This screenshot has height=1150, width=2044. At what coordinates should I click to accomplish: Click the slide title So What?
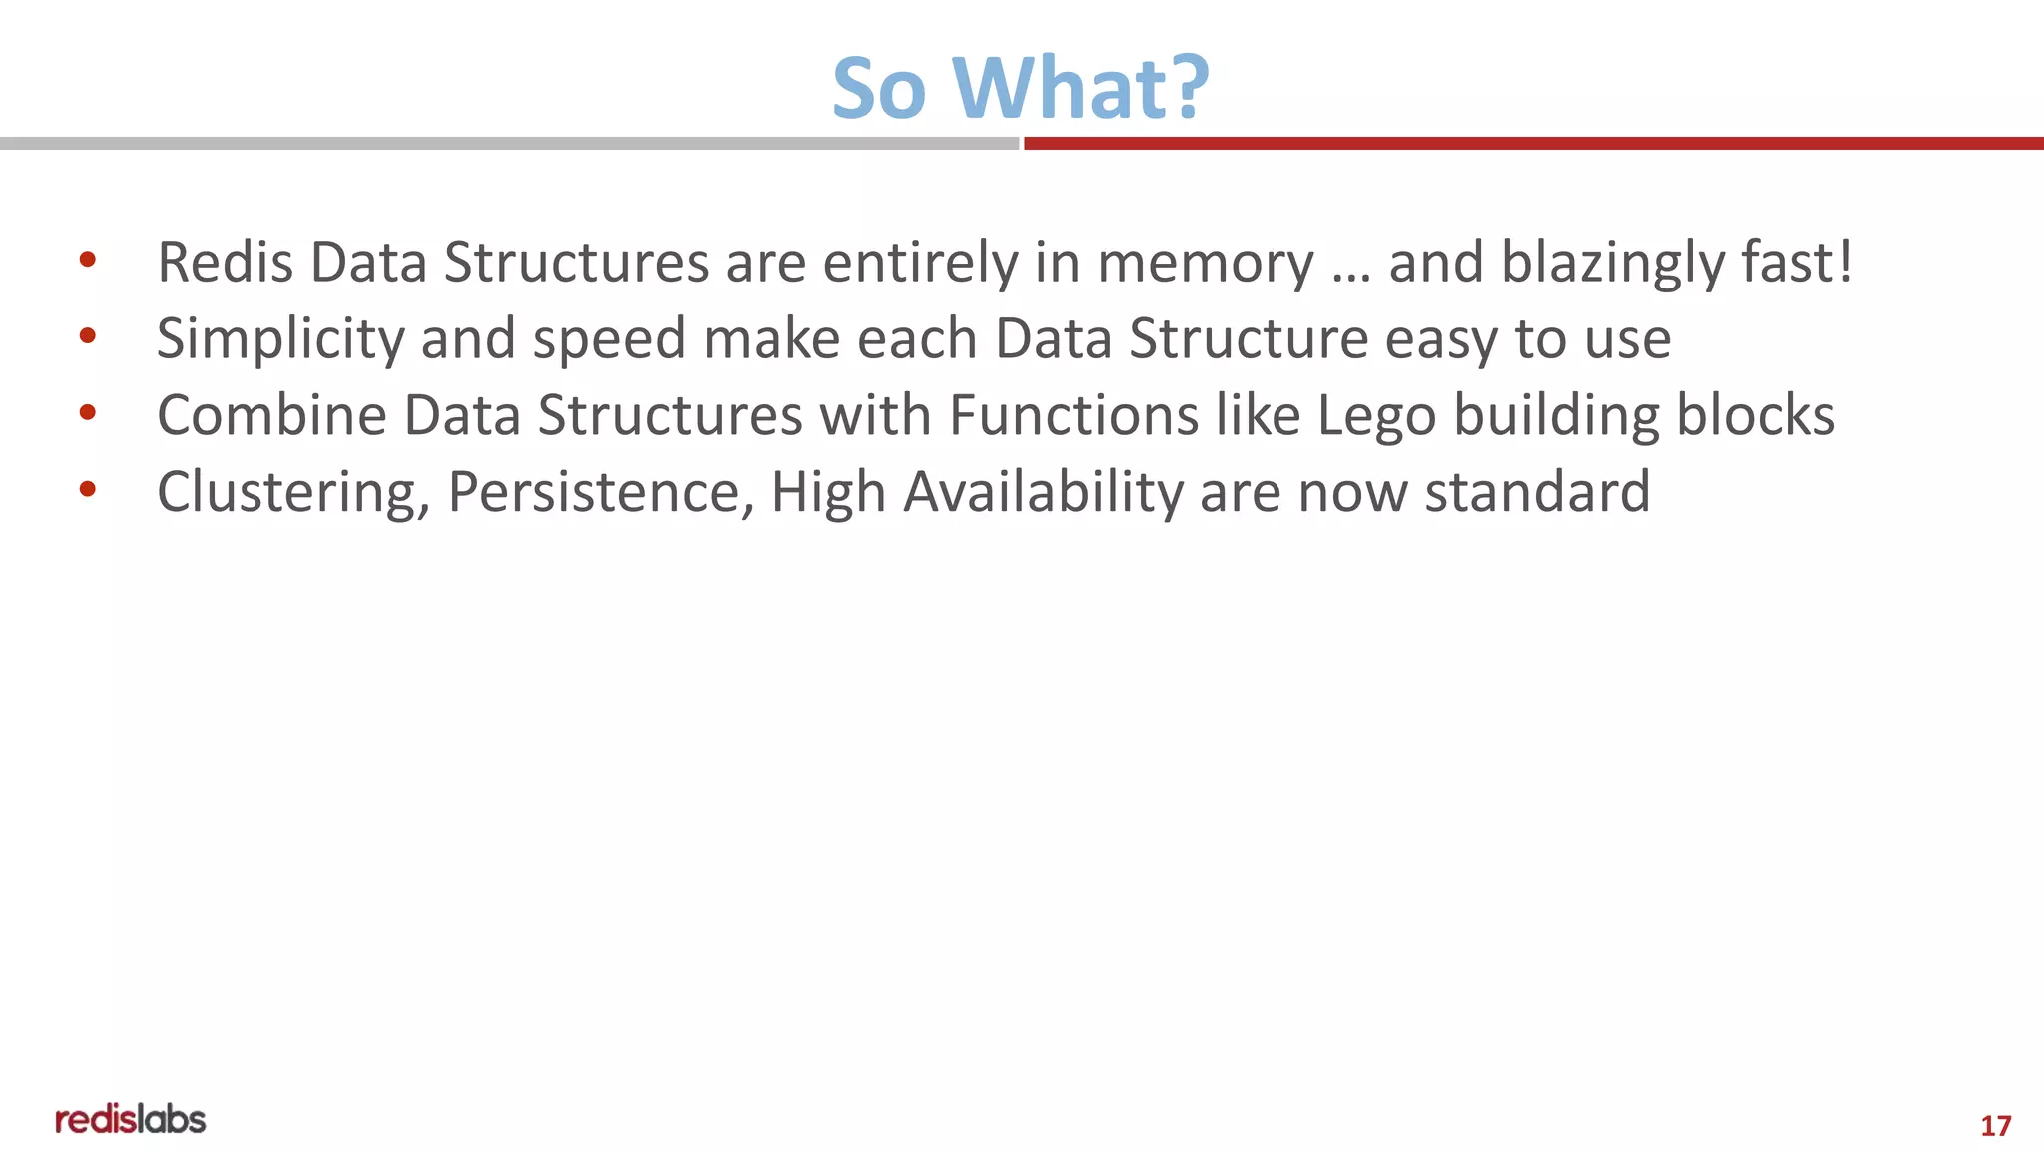coord(1020,88)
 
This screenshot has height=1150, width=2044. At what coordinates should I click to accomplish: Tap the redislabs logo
coord(130,1119)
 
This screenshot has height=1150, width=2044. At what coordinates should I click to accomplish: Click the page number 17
coord(1995,1126)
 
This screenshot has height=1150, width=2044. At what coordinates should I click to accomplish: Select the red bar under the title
coord(1533,144)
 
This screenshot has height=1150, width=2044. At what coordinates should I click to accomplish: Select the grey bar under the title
coord(509,144)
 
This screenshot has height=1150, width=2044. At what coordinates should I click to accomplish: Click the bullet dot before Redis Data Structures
coord(88,261)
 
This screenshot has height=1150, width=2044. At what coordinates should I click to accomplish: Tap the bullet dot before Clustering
coord(88,489)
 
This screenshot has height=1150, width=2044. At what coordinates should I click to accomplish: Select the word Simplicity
coord(280,339)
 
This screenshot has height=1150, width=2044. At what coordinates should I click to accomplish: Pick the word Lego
coord(1376,417)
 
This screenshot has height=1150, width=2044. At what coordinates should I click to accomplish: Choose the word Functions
coord(1074,415)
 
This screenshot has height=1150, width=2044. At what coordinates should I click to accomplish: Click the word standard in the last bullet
coord(1537,492)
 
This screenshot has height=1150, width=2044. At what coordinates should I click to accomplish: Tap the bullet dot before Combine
coord(88,412)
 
